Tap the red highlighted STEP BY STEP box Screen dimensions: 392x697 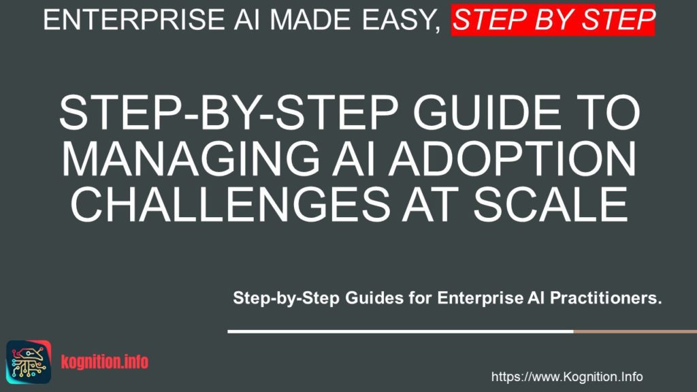coord(553,20)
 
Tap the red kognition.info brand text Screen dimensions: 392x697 coord(104,361)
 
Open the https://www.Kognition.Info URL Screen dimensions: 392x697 coord(567,376)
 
